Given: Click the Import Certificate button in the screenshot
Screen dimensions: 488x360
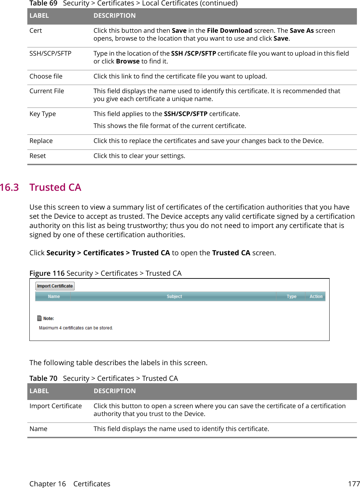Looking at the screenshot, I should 55,286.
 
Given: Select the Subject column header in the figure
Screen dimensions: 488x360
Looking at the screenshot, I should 174,297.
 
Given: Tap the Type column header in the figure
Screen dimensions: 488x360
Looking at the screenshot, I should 291,297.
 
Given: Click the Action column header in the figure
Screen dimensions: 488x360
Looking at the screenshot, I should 316,297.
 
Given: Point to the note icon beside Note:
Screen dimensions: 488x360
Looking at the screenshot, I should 39,318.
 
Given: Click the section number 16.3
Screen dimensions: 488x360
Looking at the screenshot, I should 9,187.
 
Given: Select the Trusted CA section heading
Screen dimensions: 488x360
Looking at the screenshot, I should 55,187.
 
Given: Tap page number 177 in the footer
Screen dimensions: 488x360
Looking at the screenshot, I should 354,484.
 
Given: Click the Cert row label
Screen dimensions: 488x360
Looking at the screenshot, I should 36,31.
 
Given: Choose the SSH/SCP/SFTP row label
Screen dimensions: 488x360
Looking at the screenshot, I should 51,54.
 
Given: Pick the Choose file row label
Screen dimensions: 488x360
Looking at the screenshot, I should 46,76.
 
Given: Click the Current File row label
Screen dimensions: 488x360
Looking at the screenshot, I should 47,91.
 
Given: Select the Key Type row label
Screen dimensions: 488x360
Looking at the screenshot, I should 43,114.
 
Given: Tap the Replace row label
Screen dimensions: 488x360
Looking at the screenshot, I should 41,141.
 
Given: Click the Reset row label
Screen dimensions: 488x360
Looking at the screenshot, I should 38,156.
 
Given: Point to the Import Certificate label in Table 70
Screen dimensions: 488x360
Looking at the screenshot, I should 56,406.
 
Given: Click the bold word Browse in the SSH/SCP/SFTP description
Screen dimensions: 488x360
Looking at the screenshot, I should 128,61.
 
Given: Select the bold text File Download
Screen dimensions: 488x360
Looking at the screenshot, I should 230,31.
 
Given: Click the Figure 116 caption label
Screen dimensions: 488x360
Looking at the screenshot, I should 47,273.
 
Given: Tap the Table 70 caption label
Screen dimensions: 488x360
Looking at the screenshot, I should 43,378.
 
